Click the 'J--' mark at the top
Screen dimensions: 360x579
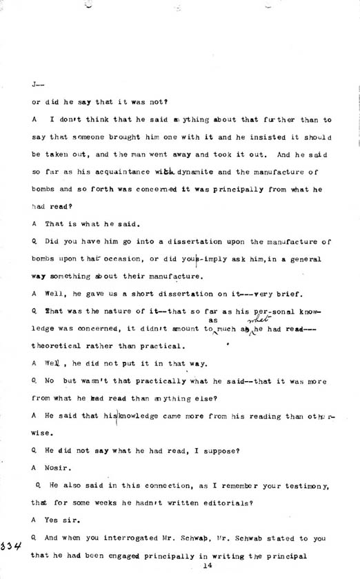[37, 84]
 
